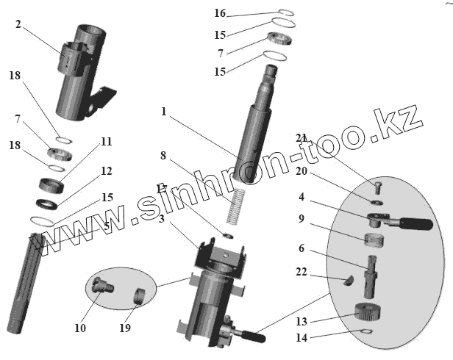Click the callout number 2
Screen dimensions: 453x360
[x=18, y=24]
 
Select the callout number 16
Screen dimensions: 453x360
[x=220, y=13]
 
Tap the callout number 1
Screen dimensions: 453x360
[x=163, y=112]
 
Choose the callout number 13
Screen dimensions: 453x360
[x=302, y=320]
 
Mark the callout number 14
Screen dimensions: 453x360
[x=302, y=339]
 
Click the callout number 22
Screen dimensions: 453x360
[x=302, y=272]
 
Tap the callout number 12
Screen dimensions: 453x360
[x=107, y=171]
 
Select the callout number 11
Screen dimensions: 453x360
[x=107, y=141]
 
